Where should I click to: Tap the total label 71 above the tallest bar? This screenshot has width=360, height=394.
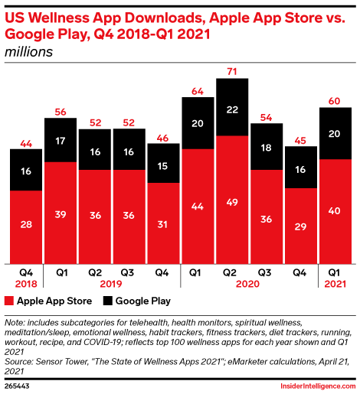pyautogui.click(x=232, y=70)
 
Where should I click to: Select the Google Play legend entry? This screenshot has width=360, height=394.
pyautogui.click(x=141, y=301)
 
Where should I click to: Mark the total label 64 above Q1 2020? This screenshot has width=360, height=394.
pyautogui.click(x=198, y=91)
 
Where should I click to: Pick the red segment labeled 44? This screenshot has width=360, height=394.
pyautogui.click(x=198, y=206)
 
